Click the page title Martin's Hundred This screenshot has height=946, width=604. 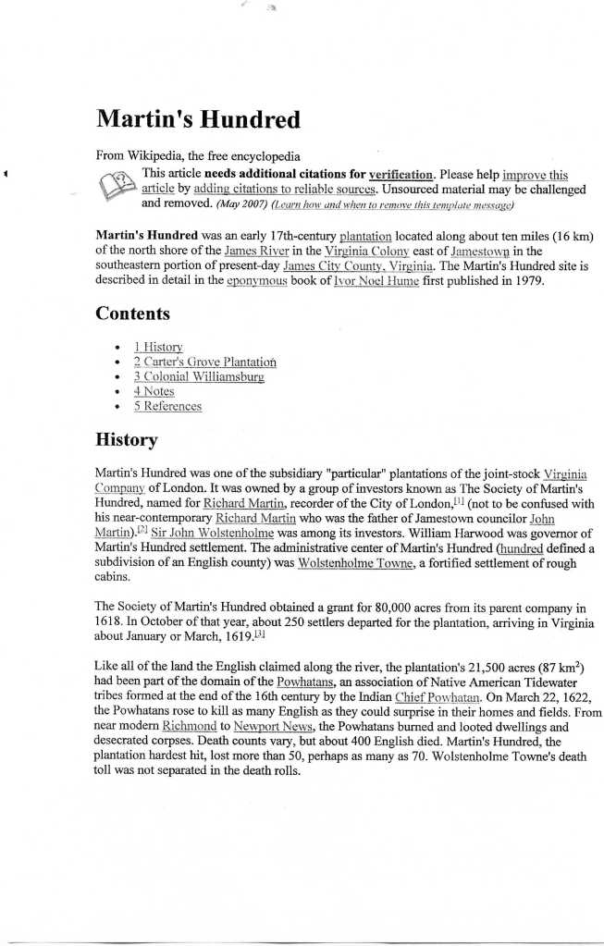coord(198,119)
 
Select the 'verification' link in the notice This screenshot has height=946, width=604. coord(401,174)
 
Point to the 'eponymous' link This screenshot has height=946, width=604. coord(256,280)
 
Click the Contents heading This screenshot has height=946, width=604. coord(132,313)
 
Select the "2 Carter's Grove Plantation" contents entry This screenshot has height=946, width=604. coord(204,362)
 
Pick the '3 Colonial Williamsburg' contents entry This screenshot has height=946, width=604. coord(198,376)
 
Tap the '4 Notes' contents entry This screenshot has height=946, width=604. coord(153,391)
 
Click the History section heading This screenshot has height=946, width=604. coord(126,439)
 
